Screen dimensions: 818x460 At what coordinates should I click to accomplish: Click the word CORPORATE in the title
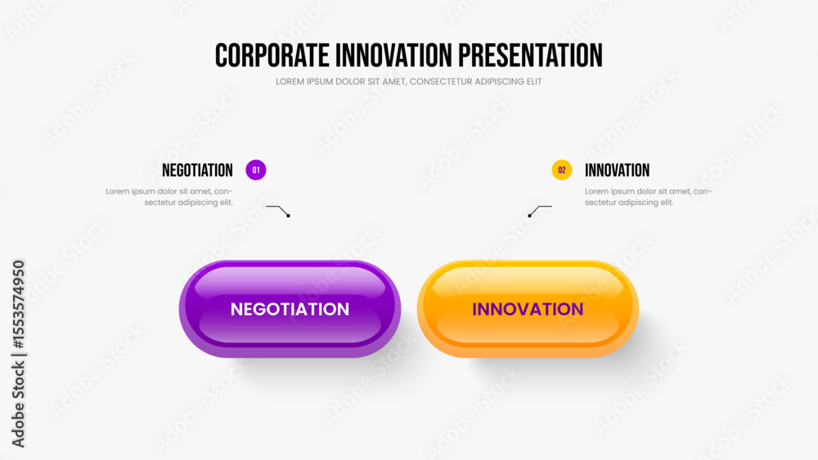tap(272, 56)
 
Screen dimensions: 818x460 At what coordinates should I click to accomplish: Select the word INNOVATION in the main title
tap(393, 56)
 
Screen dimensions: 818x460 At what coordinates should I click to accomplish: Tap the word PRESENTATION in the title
tap(530, 56)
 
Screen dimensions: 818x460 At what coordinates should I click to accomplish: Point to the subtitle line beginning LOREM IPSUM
tap(408, 82)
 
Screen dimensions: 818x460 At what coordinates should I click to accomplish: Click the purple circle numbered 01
tap(255, 170)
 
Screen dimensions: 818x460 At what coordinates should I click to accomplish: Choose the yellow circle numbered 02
tap(562, 170)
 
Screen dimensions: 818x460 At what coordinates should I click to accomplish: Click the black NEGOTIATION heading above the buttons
tap(197, 170)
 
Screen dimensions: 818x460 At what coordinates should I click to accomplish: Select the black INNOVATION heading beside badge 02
tap(617, 170)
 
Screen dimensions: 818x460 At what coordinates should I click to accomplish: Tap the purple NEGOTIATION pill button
tap(290, 309)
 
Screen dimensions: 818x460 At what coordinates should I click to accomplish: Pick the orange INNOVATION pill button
tap(528, 309)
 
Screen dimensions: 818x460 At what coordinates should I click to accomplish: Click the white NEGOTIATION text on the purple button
tap(290, 310)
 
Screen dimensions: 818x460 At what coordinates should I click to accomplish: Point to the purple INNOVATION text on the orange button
tap(528, 310)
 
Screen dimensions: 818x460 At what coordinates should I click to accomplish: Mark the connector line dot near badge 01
tap(288, 216)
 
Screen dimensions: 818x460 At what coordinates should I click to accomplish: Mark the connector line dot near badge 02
tap(529, 216)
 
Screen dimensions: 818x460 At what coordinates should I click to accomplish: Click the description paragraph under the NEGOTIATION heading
tap(169, 197)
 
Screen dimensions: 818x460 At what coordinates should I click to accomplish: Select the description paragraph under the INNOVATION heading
tap(648, 197)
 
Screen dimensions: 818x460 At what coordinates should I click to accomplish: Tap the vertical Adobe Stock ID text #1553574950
tap(18, 304)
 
